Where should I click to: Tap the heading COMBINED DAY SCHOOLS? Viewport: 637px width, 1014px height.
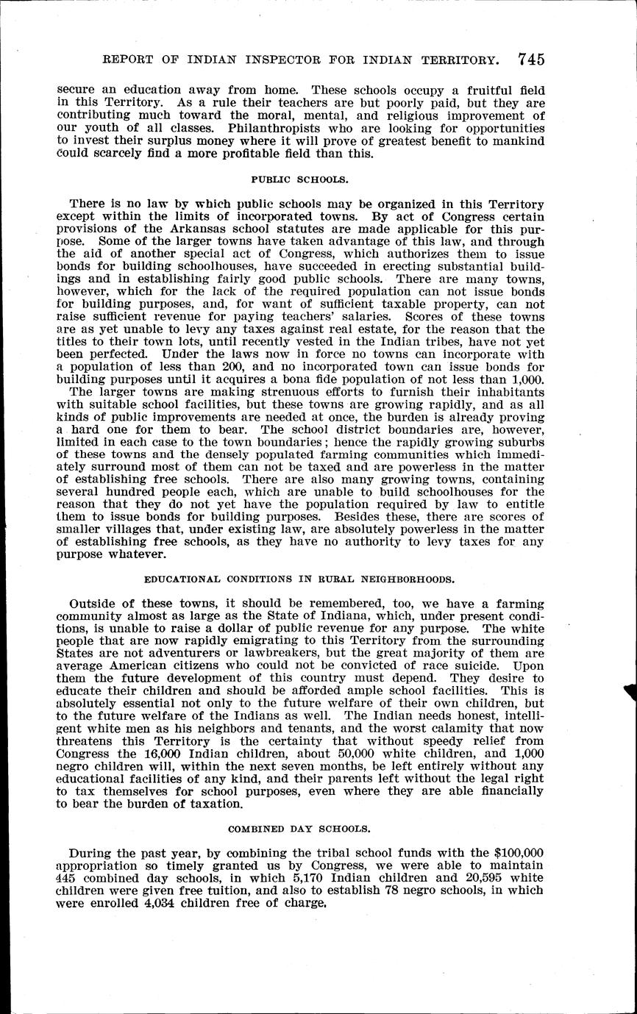coord(299,829)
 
